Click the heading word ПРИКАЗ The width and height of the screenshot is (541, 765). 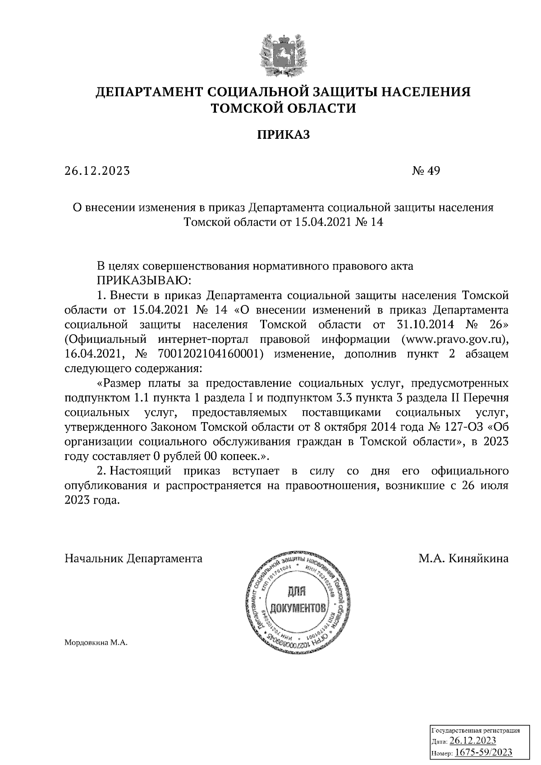click(284, 135)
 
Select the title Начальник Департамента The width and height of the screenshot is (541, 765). click(133, 559)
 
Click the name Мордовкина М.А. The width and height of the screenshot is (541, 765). click(96, 643)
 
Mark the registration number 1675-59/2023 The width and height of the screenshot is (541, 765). click(483, 752)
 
